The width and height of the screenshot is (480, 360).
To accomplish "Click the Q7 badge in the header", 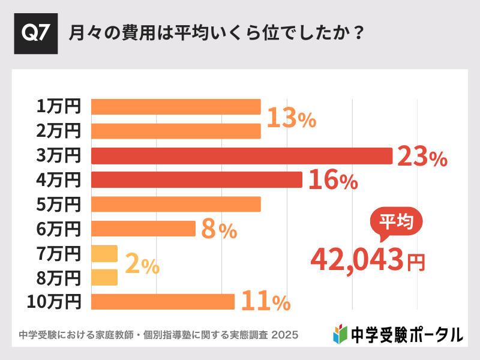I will (x=35, y=33).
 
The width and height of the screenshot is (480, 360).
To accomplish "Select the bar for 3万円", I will (x=241, y=155).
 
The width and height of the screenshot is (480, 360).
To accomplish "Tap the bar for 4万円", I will (x=196, y=180).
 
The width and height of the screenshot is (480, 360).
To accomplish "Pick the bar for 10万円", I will (x=162, y=302).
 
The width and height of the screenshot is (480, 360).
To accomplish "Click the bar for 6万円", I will (x=143, y=229).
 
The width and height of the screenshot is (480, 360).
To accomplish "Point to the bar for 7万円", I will (x=104, y=253).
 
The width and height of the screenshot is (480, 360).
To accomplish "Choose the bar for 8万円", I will (x=104, y=277).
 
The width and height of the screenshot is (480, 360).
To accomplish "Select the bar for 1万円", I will (x=175, y=107).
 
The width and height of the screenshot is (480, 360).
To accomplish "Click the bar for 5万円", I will (x=175, y=204).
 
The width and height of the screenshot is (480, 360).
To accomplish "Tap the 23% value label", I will (x=422, y=157).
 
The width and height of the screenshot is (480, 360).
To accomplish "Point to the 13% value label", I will (x=291, y=119).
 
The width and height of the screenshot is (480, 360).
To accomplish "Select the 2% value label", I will (x=142, y=265).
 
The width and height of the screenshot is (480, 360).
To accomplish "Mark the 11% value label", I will (x=265, y=302).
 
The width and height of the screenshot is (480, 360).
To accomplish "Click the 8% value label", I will (x=218, y=230).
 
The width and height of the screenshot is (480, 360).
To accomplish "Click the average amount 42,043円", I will (x=367, y=259).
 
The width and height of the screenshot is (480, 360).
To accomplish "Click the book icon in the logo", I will (x=340, y=334).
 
